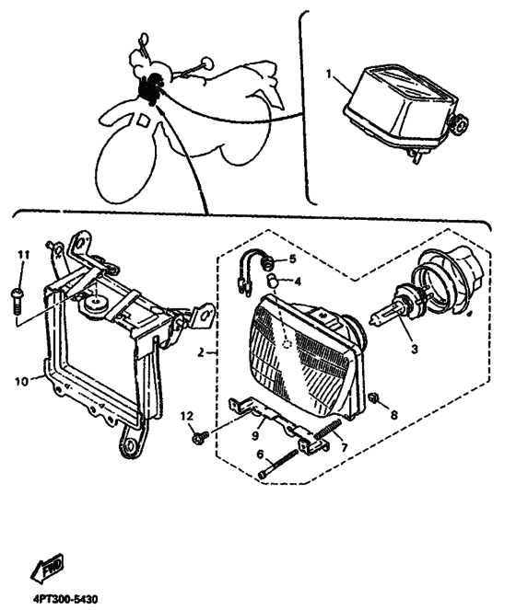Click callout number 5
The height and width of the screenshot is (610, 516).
pos(293,259)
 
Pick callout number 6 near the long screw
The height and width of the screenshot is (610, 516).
pos(261,454)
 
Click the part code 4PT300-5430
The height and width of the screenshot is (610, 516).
pos(64,598)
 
